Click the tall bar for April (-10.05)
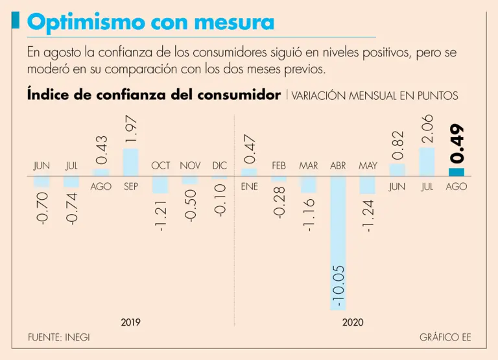click(x=338, y=243)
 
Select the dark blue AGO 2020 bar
click(x=456, y=172)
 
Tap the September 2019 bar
click(x=130, y=162)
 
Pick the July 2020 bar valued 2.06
click(x=427, y=162)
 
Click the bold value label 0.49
click(x=457, y=143)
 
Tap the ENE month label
click(x=249, y=187)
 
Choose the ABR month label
click(x=338, y=166)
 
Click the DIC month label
click(x=220, y=166)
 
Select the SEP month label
click(x=130, y=187)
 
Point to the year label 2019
click(x=130, y=322)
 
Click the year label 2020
click(x=353, y=322)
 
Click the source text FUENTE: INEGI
click(x=58, y=338)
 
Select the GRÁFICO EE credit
click(x=445, y=338)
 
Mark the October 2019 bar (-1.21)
click(x=160, y=184)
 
